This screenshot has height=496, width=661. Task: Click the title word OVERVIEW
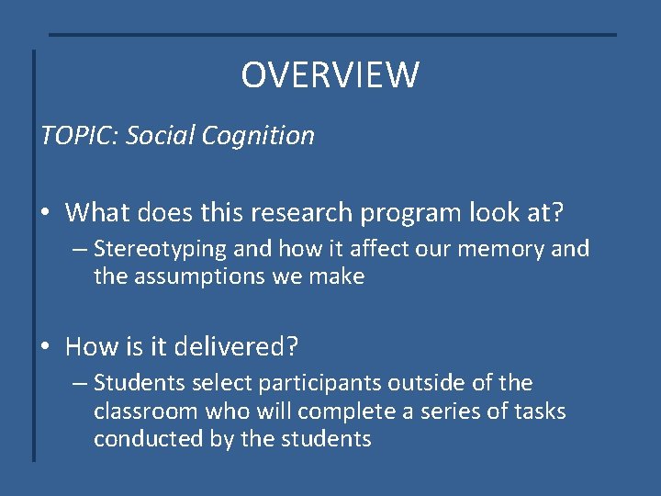[330, 75]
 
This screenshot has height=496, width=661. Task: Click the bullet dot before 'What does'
[47, 213]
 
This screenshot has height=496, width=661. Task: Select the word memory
[504, 249]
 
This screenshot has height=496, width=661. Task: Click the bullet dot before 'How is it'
[47, 346]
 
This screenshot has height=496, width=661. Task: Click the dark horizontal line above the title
[331, 35]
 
